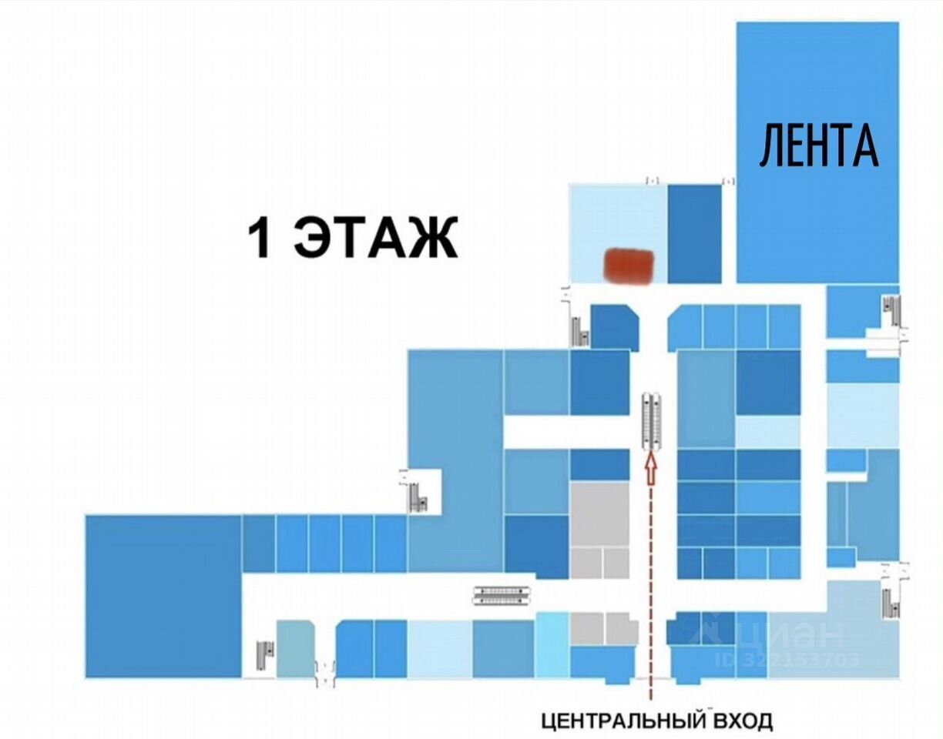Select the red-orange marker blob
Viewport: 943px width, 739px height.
point(628,266)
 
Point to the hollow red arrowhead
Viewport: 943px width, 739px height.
point(649,469)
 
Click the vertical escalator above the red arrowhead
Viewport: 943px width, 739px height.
point(652,420)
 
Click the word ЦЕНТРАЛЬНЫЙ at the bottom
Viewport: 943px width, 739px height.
point(623,721)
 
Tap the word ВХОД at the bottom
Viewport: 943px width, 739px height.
point(743,721)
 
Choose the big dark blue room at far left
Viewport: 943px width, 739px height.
point(163,596)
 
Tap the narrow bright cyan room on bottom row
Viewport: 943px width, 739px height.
point(552,645)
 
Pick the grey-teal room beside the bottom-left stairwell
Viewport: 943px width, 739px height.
point(295,649)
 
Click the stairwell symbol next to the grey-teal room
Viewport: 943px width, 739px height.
point(265,655)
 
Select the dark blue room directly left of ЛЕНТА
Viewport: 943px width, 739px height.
point(694,234)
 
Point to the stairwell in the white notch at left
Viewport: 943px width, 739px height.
point(418,496)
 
